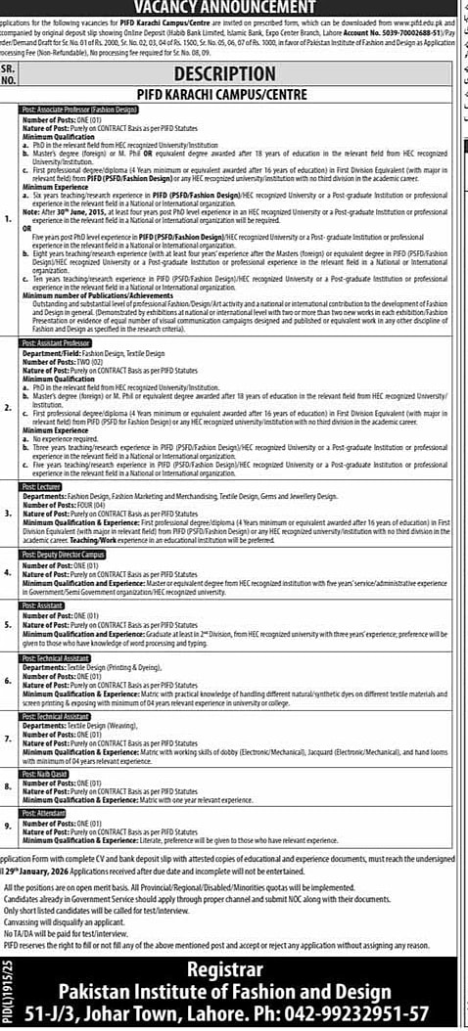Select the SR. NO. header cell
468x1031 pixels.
(9, 74)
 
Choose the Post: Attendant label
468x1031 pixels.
(43, 814)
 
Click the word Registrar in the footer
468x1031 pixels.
(242, 943)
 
